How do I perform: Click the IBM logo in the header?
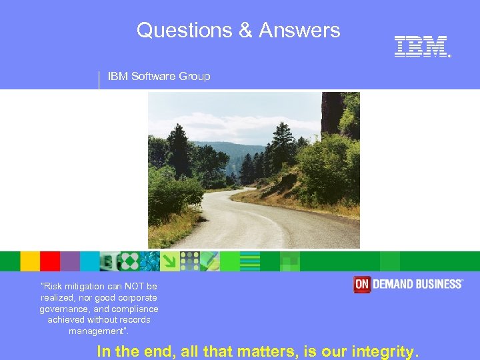point(421,47)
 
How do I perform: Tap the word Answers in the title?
point(299,30)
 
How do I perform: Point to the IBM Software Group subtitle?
point(159,76)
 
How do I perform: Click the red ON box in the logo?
point(362,285)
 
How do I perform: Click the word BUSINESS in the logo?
point(438,285)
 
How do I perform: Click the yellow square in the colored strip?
point(30,261)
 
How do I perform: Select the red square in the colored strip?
point(50,261)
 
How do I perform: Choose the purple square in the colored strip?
point(70,261)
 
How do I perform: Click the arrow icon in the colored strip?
point(170,261)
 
